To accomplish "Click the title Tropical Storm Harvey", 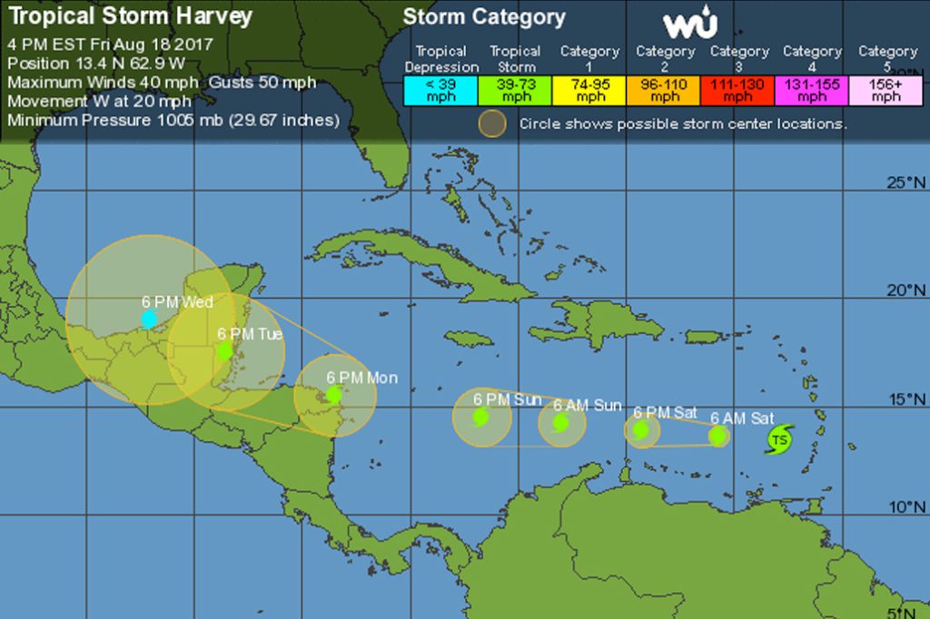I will tap(131, 17).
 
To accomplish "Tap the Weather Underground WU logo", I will tap(690, 25).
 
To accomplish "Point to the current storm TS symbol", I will tap(778, 440).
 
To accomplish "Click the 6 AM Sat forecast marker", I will tap(718, 437).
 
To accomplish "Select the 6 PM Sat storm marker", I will tap(641, 430).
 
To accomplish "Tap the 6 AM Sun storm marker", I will tap(561, 422).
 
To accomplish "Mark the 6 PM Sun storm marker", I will tap(481, 417).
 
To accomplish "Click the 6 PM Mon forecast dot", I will tap(334, 394).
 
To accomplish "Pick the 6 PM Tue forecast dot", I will tap(224, 350).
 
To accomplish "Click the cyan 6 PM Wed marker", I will tap(149, 319).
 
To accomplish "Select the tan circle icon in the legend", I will tap(492, 123).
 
